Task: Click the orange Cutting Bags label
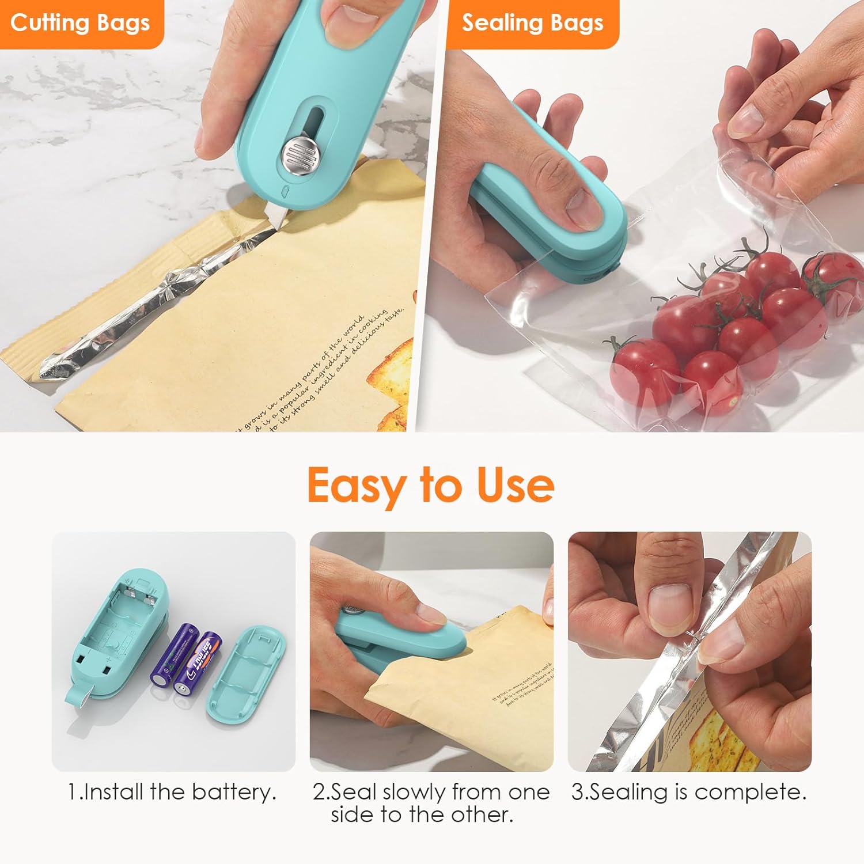coord(80,23)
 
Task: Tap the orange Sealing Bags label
coord(532,23)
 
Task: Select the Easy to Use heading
coord(431,485)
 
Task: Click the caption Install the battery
coord(172,792)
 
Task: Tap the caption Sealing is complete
coord(689,792)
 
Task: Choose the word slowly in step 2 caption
coord(414,792)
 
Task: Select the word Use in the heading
coord(515,485)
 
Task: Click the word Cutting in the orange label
coord(49,23)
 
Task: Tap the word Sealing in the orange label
coord(499,23)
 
